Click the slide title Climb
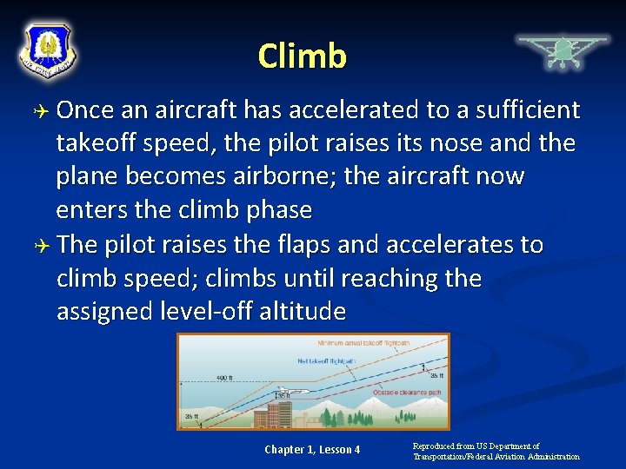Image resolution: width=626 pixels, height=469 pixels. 302,56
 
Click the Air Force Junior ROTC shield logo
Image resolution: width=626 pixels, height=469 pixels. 48,50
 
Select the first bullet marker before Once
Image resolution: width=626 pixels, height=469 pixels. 42,111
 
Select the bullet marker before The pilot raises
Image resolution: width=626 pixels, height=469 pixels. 42,246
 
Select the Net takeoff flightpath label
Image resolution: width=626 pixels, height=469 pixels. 326,360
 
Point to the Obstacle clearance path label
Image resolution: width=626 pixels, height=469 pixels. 407,393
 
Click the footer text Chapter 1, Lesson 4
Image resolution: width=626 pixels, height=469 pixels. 312,449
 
